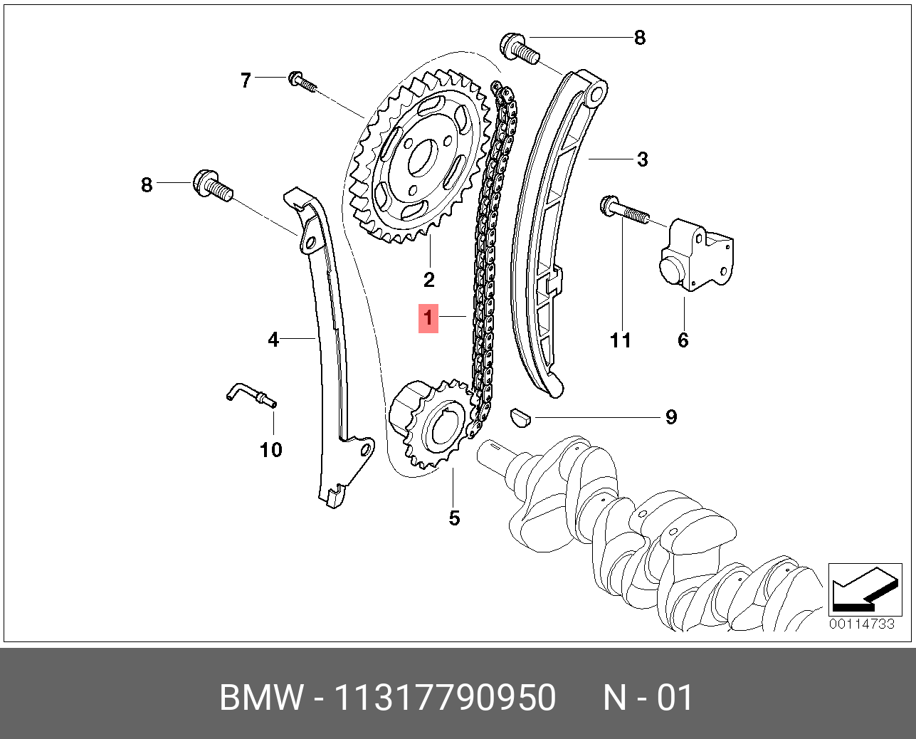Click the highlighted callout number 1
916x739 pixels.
(428, 318)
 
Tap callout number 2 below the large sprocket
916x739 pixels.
(429, 280)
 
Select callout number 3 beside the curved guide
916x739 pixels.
(642, 159)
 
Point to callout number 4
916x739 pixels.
(273, 340)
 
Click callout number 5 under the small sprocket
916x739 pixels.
(455, 518)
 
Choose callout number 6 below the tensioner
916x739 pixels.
(683, 340)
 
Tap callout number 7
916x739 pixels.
(246, 80)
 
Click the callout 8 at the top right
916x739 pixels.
(640, 38)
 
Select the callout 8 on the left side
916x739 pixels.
(147, 185)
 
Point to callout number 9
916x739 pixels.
(671, 417)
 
